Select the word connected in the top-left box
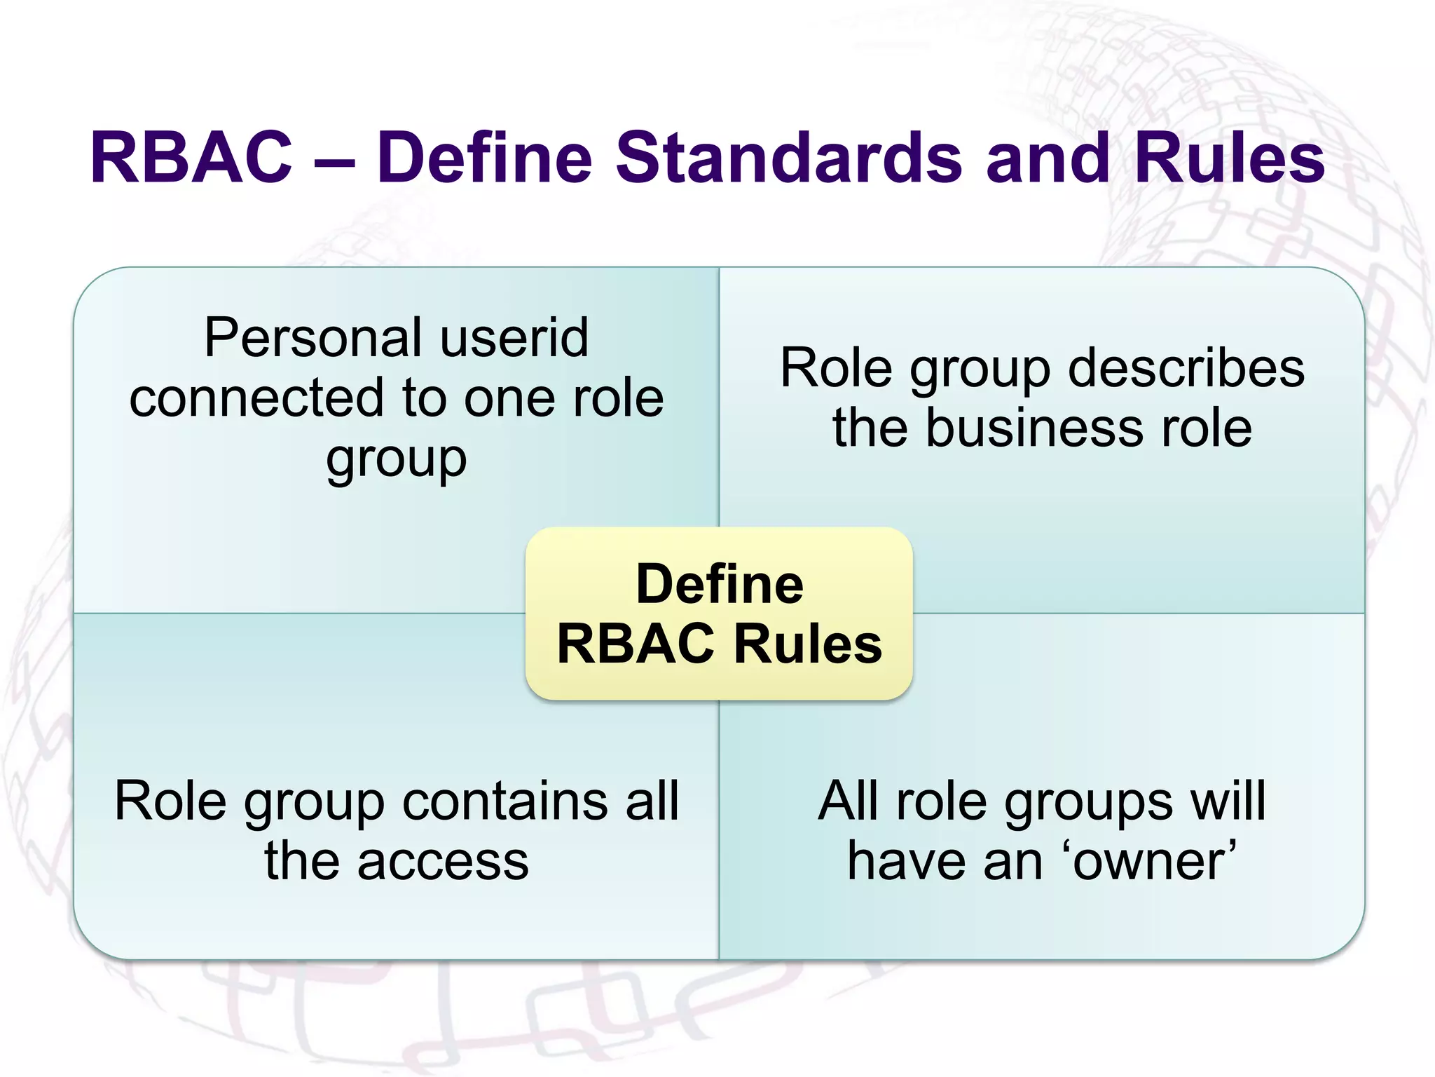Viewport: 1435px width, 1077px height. click(257, 398)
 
